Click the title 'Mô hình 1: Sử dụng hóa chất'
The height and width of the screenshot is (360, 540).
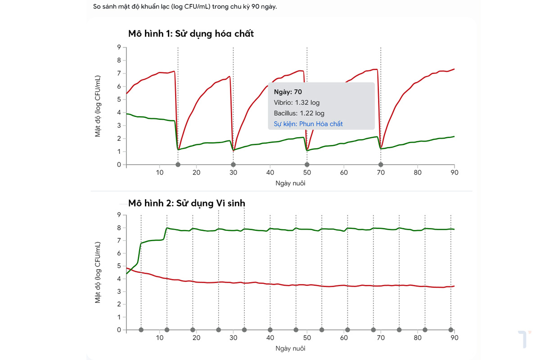click(x=191, y=34)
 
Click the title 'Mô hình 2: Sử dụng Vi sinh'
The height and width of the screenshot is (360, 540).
click(x=187, y=203)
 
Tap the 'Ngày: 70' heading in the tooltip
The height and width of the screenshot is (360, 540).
click(x=288, y=92)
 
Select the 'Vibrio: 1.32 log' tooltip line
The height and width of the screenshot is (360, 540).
click(x=297, y=103)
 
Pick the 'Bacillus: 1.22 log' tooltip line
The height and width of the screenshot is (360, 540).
click(x=299, y=113)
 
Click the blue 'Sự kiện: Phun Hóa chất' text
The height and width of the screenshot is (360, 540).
click(x=308, y=124)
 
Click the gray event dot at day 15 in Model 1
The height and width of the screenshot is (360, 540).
click(x=178, y=165)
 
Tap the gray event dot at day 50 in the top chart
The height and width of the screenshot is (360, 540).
click(x=307, y=165)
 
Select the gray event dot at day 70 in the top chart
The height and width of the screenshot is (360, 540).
click(x=381, y=165)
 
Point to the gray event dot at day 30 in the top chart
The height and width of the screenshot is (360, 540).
click(x=233, y=165)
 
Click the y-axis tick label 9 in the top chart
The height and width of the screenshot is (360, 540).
click(x=119, y=47)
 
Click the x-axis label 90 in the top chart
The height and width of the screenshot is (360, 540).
click(x=454, y=173)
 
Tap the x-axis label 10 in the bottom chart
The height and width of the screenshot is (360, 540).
click(x=160, y=338)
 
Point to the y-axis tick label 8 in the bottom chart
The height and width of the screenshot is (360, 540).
click(x=119, y=228)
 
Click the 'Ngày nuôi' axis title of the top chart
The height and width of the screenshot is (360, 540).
click(x=290, y=183)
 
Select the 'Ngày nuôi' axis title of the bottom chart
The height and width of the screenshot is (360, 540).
click(x=290, y=348)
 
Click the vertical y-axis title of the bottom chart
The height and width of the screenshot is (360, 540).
click(x=98, y=272)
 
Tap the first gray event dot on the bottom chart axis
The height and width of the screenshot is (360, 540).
click(x=141, y=330)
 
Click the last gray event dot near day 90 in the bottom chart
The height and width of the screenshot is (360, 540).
click(x=451, y=330)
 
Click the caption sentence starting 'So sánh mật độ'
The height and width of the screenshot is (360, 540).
click(x=185, y=6)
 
